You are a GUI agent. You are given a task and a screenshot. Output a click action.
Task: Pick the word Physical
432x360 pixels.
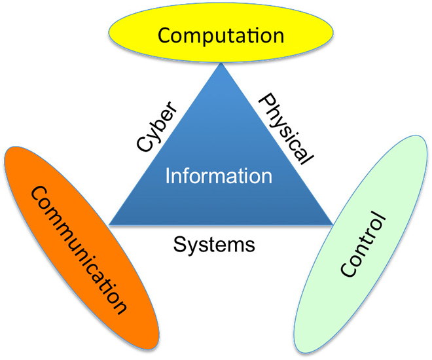coord(286,128)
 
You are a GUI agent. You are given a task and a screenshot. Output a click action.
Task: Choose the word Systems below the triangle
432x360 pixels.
coord(214,245)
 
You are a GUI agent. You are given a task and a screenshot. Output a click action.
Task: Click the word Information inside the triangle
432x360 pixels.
coord(218,176)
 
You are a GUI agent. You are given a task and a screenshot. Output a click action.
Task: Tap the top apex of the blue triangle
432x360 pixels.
coord(221,63)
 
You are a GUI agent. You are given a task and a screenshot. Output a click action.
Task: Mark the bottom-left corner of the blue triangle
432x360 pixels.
coord(109,225)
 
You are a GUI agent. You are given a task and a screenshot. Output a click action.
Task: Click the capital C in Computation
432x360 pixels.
coord(165,35)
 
